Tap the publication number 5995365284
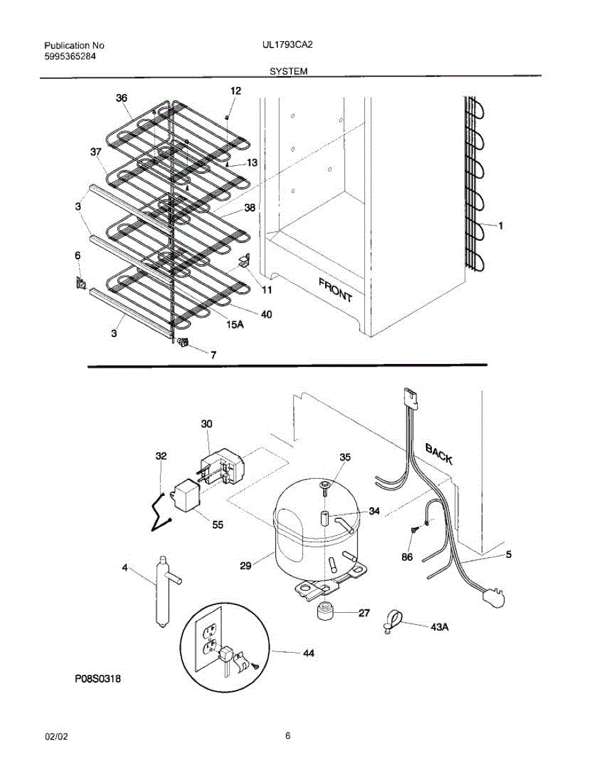pos(70,56)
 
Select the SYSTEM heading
pos(288,71)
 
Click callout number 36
pos(121,99)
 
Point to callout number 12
pos(235,91)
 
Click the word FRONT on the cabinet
pos(335,289)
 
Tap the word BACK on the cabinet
pos(439,453)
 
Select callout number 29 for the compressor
pos(245,566)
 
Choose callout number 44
pos(308,653)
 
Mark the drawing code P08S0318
pos(97,679)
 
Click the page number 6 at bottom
pos(288,736)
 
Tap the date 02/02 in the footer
pos(55,737)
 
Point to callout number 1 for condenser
pos(501,226)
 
